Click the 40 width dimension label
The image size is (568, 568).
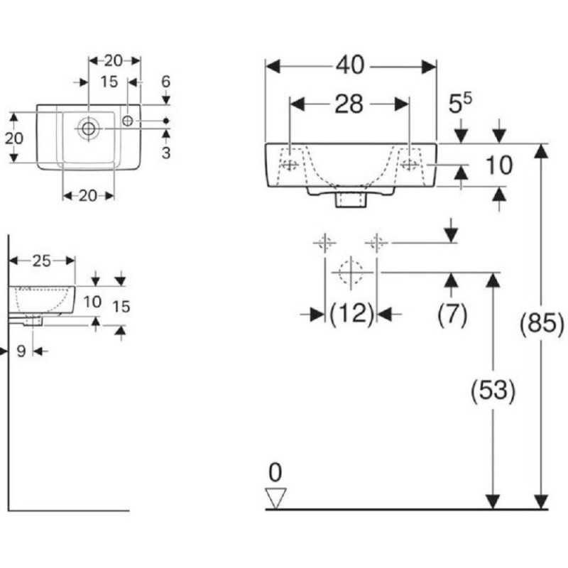pos(350,65)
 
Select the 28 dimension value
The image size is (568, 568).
pos(349,104)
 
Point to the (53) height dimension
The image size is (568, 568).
pos(493,390)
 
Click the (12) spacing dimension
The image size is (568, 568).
pos(351,314)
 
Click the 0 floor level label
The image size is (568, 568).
pos(275,472)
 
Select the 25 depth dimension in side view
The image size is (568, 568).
pos(42,261)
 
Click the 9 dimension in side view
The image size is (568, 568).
pos(21,351)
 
